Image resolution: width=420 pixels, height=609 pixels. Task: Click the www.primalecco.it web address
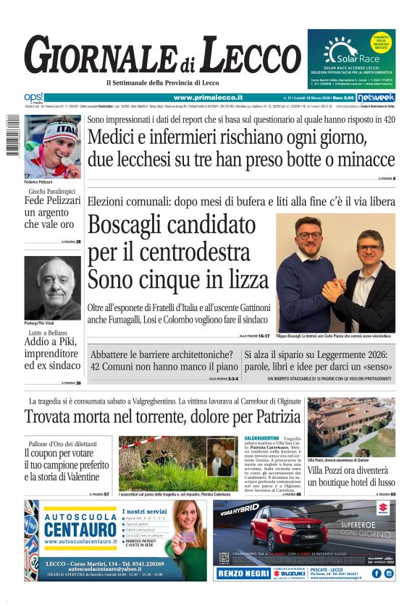coord(208,98)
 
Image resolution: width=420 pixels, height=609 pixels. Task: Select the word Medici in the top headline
coord(117,137)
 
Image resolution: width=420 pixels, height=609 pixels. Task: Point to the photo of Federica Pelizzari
coord(53,144)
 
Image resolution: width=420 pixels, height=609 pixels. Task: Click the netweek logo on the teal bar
coord(376,98)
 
